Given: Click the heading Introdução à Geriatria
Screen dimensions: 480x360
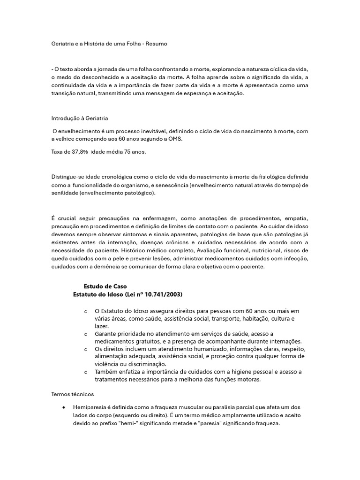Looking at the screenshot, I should pyautogui.click(x=79, y=118).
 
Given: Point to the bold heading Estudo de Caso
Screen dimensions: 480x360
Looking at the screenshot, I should pyautogui.click(x=105, y=286).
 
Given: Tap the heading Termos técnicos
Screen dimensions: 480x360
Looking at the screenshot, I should pyautogui.click(x=73, y=394).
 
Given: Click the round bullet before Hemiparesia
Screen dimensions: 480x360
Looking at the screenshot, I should pyautogui.click(x=63, y=407).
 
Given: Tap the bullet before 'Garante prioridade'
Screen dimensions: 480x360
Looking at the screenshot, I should pyautogui.click(x=86, y=334).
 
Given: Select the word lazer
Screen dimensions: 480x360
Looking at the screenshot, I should pyautogui.click(x=102, y=326).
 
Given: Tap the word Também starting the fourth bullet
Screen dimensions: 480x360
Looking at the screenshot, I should pyautogui.click(x=107, y=372).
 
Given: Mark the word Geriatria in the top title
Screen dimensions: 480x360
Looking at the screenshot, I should pyautogui.click(x=64, y=44).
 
